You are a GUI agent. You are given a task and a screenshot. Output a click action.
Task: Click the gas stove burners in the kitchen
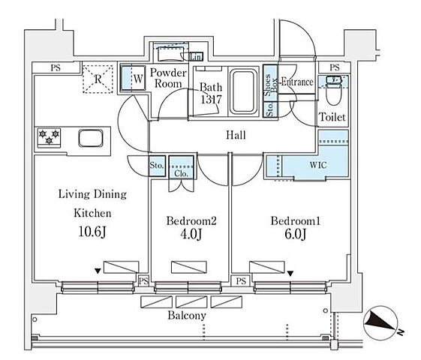[49, 137]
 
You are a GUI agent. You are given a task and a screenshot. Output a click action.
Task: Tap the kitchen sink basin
[91, 138]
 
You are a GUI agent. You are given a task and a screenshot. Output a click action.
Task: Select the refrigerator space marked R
[98, 79]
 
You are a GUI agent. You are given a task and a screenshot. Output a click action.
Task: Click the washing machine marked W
[133, 79]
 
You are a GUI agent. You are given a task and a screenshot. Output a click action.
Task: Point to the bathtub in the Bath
[244, 91]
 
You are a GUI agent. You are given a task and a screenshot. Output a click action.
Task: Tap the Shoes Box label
[270, 85]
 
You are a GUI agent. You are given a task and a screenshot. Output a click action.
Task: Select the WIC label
[318, 165]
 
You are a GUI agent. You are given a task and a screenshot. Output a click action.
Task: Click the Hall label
[236, 135]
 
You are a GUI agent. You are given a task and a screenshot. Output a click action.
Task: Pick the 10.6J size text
[92, 232]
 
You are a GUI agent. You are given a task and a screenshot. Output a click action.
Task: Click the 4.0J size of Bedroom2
[191, 234]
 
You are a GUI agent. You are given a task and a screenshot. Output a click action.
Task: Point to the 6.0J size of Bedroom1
[296, 234]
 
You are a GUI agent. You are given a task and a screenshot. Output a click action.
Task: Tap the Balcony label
[187, 316]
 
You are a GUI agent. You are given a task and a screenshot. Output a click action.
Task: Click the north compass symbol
[381, 323]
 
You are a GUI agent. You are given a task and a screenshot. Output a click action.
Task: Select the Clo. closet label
[182, 173]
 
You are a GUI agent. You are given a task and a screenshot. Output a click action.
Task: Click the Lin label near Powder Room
[195, 57]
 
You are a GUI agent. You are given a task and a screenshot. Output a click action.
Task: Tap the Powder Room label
[168, 78]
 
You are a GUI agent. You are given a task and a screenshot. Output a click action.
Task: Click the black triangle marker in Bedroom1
[290, 274]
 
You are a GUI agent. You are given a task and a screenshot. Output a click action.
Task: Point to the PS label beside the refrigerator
[56, 67]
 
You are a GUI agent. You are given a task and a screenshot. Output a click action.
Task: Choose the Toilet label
[332, 117]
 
